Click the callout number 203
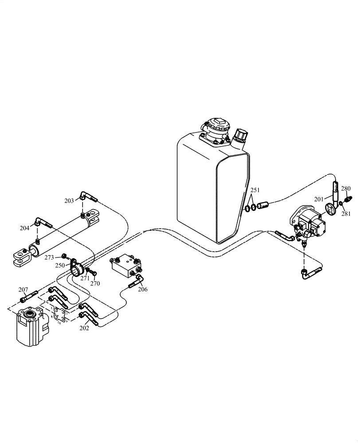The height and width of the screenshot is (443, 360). (x=69, y=201)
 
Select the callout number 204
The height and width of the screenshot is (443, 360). (x=25, y=228)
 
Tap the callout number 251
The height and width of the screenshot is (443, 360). (x=254, y=191)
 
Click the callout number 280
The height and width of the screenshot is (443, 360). (x=346, y=188)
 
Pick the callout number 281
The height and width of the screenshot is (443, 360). (x=346, y=214)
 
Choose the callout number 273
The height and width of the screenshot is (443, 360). (x=49, y=257)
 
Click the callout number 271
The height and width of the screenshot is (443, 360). (x=85, y=278)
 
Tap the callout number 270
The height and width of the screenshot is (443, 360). (x=95, y=284)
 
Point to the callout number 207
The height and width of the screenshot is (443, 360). (x=23, y=290)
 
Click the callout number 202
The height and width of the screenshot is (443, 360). (x=84, y=328)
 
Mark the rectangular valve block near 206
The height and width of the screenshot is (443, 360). (x=125, y=266)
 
